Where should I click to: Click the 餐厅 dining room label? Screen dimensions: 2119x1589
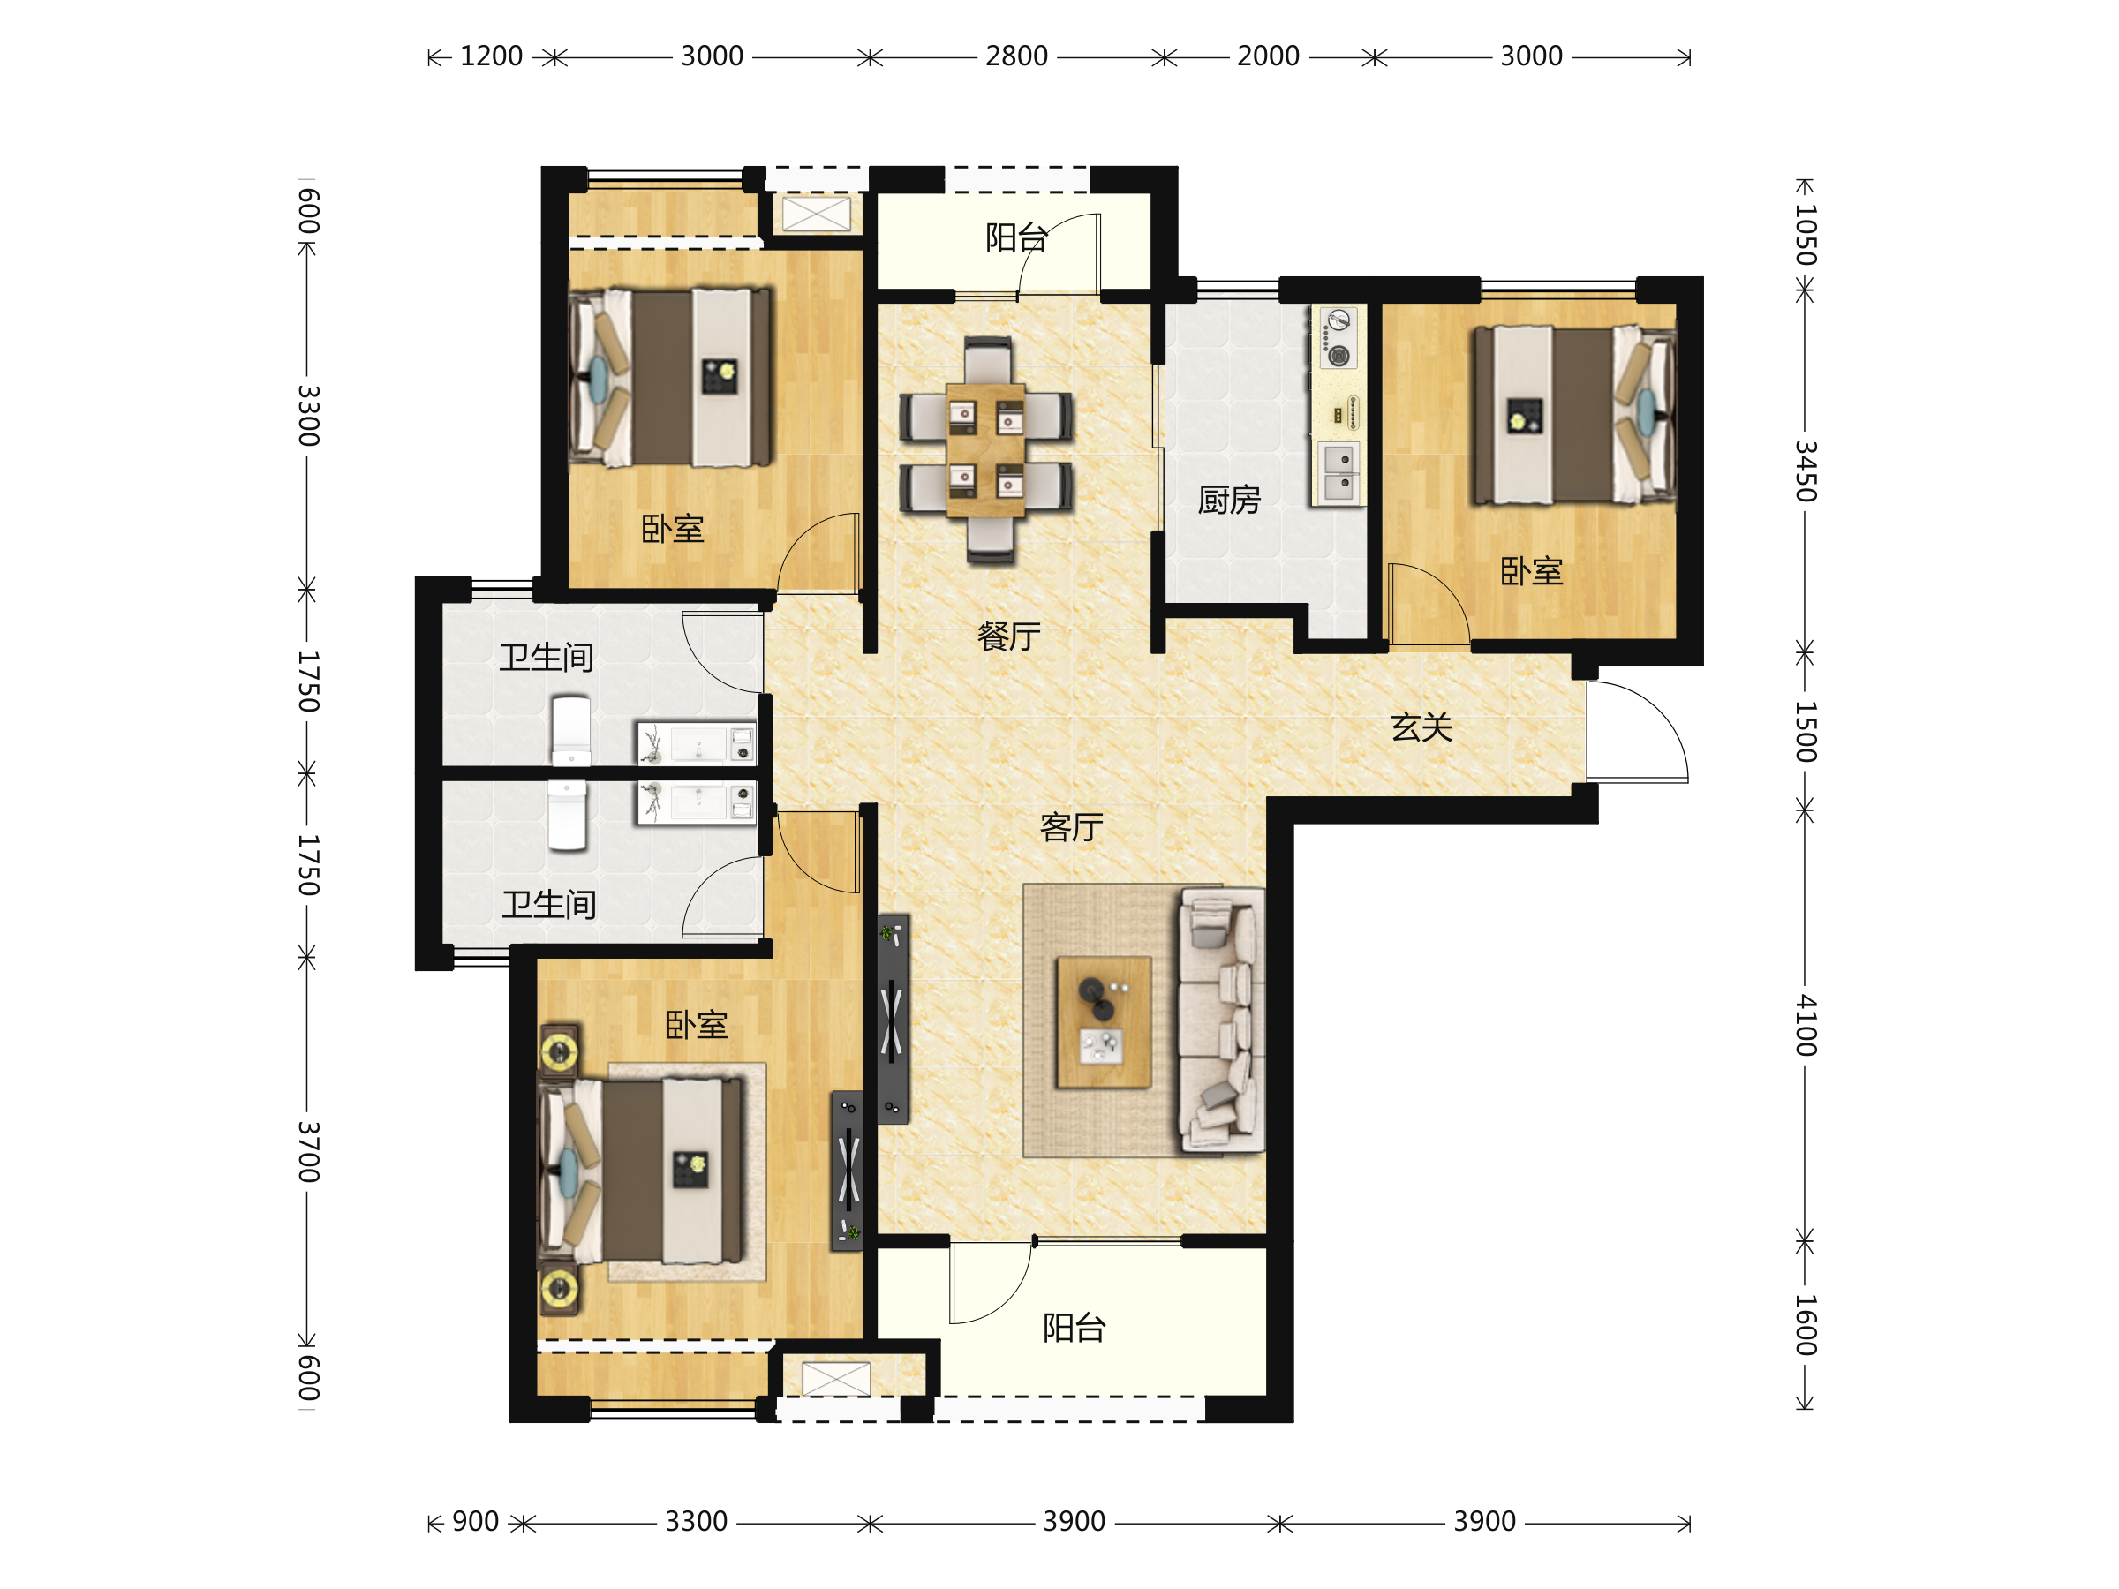pos(1008,636)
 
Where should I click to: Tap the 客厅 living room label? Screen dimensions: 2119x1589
pos(1072,827)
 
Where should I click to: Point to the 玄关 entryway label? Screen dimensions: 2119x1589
pos(1421,728)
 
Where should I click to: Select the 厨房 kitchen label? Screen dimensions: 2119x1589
pos(1229,500)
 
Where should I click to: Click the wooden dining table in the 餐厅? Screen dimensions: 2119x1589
pos(985,450)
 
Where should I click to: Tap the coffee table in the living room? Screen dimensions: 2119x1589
pos(1104,1022)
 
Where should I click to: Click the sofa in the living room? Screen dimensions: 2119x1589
pos(1221,1019)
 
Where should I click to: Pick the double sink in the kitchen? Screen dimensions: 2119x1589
pos(1339,473)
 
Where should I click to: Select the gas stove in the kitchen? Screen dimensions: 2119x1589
pos(1339,337)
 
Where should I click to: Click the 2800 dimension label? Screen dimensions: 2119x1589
pos(1016,56)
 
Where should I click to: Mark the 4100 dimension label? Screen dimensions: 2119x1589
pos(1805,1025)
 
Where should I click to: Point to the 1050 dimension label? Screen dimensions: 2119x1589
pos(1805,235)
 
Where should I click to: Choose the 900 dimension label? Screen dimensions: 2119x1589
pos(475,1521)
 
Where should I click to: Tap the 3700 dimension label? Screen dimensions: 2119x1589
pos(307,1151)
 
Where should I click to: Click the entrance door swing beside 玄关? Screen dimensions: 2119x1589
pos(1636,732)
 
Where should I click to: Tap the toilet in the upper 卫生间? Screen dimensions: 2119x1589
pos(571,731)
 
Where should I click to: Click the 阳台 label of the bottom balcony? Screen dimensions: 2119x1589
pos(1074,1329)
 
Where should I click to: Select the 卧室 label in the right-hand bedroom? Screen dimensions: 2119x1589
pos(1531,572)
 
